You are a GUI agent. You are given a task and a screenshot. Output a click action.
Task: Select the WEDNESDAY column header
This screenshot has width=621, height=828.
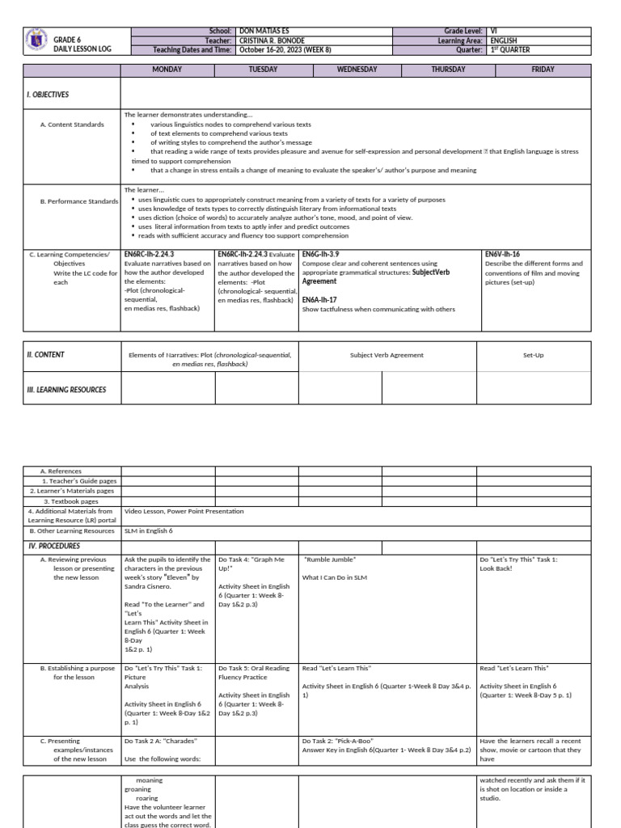click(x=357, y=70)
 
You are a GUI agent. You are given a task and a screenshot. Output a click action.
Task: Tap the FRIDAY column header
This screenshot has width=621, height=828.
click(x=543, y=70)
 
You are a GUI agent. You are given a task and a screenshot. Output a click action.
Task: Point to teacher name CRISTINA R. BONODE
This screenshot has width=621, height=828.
click(x=273, y=40)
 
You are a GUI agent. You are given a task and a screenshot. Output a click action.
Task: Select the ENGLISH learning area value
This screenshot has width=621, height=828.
click(x=504, y=40)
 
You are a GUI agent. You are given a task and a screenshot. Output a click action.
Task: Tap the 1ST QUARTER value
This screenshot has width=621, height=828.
click(x=509, y=49)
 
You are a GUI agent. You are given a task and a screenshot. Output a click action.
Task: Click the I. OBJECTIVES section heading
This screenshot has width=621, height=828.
click(x=48, y=95)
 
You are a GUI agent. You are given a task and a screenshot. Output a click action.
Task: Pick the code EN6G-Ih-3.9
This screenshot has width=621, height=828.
click(x=321, y=254)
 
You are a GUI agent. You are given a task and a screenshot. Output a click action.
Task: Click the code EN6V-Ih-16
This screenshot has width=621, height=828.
click(x=502, y=254)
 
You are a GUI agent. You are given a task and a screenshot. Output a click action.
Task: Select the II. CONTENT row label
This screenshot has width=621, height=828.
click(x=46, y=354)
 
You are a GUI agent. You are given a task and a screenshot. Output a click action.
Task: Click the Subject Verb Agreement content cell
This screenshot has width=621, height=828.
click(x=387, y=355)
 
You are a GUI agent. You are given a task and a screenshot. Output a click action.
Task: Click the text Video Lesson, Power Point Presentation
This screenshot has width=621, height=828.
click(x=184, y=511)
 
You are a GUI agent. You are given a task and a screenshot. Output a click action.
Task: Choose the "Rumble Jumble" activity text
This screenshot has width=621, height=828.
click(x=330, y=560)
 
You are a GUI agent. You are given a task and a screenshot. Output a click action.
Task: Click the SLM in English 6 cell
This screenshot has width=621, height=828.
click(x=149, y=531)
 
